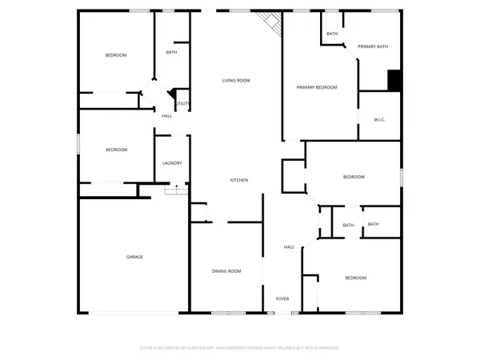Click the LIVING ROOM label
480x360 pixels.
click(x=236, y=80)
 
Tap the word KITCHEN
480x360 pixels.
click(x=239, y=180)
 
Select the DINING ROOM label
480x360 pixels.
click(x=226, y=271)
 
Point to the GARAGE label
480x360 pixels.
click(x=134, y=257)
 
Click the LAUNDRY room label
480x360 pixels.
click(x=172, y=163)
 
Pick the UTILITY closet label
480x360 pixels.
click(x=182, y=104)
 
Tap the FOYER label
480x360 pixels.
click(x=282, y=298)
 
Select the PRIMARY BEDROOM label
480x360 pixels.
click(x=317, y=87)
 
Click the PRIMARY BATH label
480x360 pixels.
click(x=373, y=46)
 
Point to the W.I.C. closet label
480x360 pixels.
click(x=380, y=120)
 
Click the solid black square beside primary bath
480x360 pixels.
click(x=394, y=81)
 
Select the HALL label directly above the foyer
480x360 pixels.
click(x=289, y=247)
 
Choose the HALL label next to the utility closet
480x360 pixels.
click(x=167, y=116)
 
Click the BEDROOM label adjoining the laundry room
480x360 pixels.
click(x=116, y=150)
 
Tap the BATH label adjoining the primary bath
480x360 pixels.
click(x=332, y=34)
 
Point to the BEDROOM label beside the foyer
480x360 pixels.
click(x=355, y=278)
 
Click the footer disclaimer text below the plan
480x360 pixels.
click(x=240, y=348)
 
